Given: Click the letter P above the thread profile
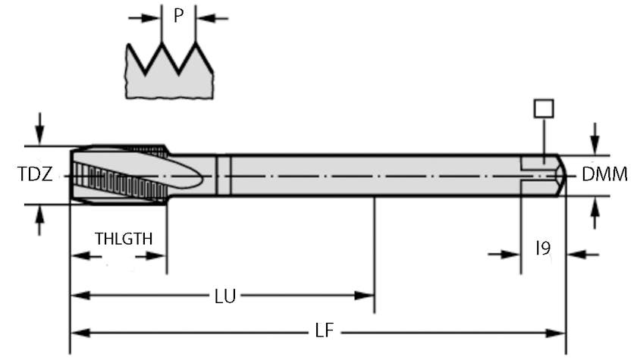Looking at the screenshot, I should click(178, 16).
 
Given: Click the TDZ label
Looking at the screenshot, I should click(36, 175).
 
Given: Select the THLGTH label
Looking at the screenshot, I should click(124, 239).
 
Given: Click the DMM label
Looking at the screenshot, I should click(604, 175).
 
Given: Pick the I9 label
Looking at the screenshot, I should click(543, 247).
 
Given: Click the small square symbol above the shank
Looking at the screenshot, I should click(543, 108).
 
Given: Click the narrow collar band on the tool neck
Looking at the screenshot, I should click(224, 175).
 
